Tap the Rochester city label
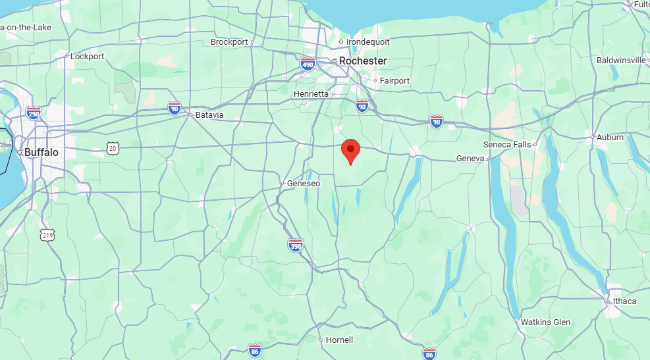click(x=363, y=61)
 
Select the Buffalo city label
click(x=41, y=152)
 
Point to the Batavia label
click(x=209, y=115)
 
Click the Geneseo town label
click(x=304, y=184)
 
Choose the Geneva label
click(x=470, y=159)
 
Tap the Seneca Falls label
click(x=507, y=144)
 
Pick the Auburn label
click(x=610, y=138)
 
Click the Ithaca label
click(x=624, y=301)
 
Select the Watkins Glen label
click(x=545, y=322)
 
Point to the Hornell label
click(x=340, y=340)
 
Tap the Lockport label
click(x=88, y=57)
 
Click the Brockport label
click(x=229, y=42)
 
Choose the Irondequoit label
click(x=368, y=42)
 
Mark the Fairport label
click(x=394, y=81)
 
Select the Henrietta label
click(x=311, y=94)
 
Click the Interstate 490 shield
click(x=308, y=63)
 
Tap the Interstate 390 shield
click(x=296, y=245)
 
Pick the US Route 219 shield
click(x=47, y=235)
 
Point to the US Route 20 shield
click(x=114, y=150)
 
